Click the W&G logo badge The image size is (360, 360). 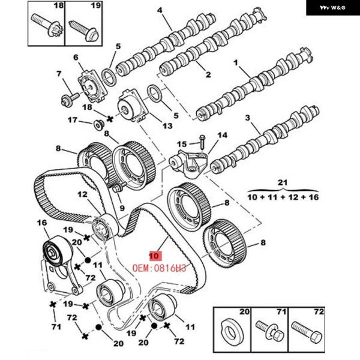click(x=333, y=8)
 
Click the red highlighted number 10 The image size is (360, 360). click(x=155, y=256)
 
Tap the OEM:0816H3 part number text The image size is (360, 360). click(x=160, y=268)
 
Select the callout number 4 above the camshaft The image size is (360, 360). click(x=160, y=10)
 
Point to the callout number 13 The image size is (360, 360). click(x=167, y=126)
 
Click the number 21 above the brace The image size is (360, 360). click(x=283, y=183)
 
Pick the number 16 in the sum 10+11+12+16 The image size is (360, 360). click(x=314, y=197)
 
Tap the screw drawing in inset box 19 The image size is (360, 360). click(x=84, y=31)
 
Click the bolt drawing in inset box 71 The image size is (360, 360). click(x=270, y=331)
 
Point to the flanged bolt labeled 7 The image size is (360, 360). click(x=70, y=98)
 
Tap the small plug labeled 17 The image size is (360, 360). click(x=99, y=125)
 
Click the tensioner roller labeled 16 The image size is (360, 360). click(x=55, y=251)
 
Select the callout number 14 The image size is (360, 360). click(x=222, y=135)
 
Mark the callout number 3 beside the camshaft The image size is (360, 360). click(x=247, y=118)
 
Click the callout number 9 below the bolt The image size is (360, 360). click(x=122, y=208)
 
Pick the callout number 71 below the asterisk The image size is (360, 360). click(x=56, y=326)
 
